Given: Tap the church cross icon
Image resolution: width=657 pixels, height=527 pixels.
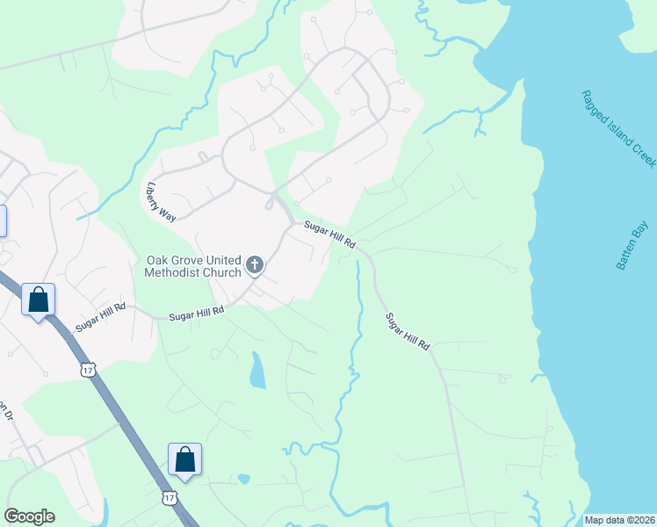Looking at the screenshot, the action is (255, 264).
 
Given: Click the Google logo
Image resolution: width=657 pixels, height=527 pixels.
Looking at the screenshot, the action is (29, 516).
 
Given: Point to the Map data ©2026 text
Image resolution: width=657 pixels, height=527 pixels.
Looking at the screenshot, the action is (619, 520).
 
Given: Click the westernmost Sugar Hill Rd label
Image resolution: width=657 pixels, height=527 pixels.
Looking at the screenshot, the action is (100, 318).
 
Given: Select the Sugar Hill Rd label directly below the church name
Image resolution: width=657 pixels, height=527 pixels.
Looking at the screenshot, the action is (197, 312).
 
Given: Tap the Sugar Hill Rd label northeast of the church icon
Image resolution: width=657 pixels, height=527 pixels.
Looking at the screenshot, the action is (329, 235).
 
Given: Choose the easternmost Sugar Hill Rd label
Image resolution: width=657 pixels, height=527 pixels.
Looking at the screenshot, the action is (408, 332).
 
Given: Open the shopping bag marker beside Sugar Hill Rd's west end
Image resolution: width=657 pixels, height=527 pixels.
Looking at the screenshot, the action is (39, 300).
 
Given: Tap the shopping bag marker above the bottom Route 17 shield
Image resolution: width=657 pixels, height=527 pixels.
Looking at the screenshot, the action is (184, 459).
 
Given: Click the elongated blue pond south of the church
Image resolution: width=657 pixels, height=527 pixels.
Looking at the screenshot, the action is (257, 371).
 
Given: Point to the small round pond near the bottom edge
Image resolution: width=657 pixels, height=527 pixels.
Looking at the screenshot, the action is (243, 480).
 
